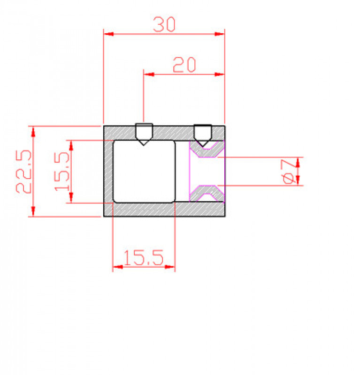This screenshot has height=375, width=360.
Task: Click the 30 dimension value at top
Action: pos(164,24)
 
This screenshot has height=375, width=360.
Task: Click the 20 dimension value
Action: pos(184,65)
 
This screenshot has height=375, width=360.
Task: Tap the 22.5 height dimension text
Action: pos(24,171)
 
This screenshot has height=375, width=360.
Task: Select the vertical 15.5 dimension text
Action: pos(62,171)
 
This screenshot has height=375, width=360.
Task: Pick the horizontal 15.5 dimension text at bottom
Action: pos(144,257)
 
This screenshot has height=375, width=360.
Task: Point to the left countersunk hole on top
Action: pos(144,134)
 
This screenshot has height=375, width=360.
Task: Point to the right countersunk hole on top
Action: pos(203,135)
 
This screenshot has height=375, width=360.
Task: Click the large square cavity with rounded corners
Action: pos(144,172)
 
